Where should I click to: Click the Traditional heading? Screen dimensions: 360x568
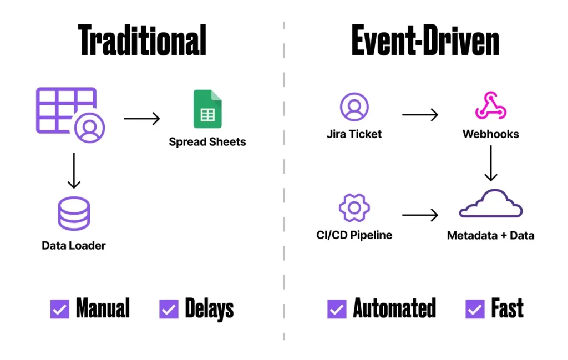tap(143, 40)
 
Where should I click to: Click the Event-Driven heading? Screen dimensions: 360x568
tap(425, 40)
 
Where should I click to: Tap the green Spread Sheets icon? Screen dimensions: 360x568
tap(207, 109)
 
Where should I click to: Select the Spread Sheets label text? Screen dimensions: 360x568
tap(207, 142)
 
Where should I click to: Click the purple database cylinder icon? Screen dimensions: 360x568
tap(74, 214)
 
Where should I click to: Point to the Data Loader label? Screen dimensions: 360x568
tap(74, 245)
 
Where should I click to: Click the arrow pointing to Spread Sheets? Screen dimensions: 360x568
tap(141, 118)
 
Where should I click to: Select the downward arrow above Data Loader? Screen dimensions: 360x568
tap(74, 172)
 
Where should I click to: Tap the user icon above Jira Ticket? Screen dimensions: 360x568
tap(354, 107)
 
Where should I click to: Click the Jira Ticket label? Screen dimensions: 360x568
tap(354, 134)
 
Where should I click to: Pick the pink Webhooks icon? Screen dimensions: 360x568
tap(491, 106)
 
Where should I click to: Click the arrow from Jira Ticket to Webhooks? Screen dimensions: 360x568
tap(420, 115)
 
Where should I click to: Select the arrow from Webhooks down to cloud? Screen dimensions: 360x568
tap(491, 163)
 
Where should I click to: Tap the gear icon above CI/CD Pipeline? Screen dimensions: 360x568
tap(354, 208)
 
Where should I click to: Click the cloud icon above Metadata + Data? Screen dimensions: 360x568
tap(491, 204)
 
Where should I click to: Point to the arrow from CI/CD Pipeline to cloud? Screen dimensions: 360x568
tap(420, 215)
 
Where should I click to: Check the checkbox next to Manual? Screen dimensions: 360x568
tap(60, 309)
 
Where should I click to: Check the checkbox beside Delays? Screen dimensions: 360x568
tap(169, 309)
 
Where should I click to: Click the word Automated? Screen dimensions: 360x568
tap(394, 308)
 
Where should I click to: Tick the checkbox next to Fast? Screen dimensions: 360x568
tap(475, 309)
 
